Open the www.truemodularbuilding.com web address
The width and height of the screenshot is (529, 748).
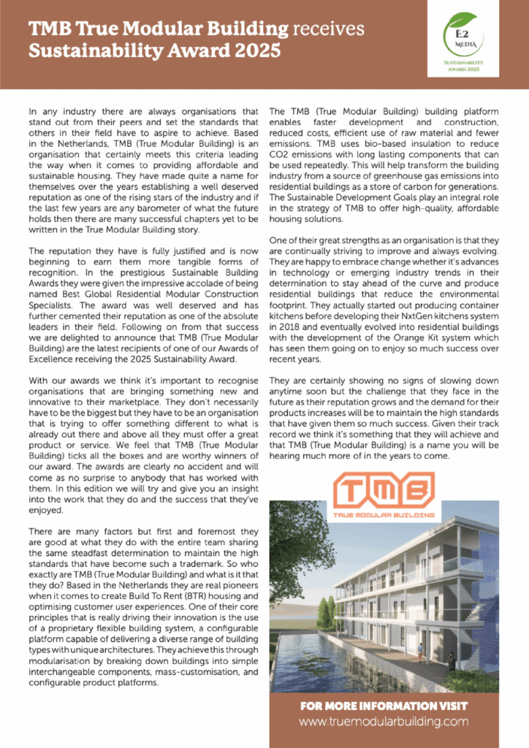(384, 722)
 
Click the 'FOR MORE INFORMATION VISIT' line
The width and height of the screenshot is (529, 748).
(384, 706)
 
